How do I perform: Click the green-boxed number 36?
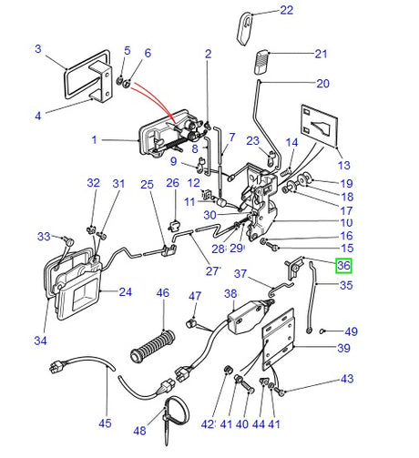[x=343, y=267]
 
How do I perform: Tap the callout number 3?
[x=38, y=48]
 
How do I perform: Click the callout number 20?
[x=322, y=84]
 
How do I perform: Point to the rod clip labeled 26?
[x=173, y=222]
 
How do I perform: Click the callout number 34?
[x=39, y=341]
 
